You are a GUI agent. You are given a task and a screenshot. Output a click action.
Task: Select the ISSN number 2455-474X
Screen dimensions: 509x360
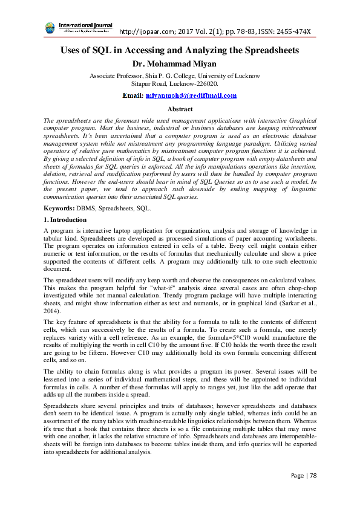293,31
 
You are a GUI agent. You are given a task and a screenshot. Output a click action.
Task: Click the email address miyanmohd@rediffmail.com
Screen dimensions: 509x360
191,96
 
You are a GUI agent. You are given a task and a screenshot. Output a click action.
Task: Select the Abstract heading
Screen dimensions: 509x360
180,109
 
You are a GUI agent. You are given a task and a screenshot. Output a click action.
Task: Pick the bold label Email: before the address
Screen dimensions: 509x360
133,96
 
